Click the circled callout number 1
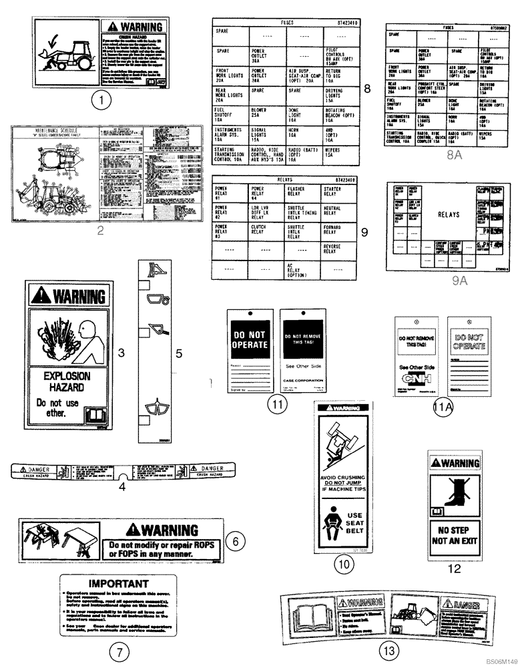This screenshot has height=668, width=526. click(x=100, y=102)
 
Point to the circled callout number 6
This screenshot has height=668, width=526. click(x=234, y=540)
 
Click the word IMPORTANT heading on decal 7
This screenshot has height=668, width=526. click(x=119, y=582)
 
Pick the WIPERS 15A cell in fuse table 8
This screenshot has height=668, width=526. click(x=341, y=155)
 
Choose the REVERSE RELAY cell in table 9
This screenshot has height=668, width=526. click(x=341, y=250)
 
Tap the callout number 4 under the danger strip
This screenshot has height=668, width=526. click(x=122, y=487)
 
